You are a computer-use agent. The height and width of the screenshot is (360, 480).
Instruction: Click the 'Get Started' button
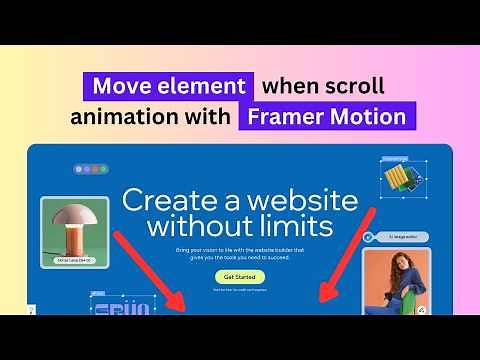[239, 276]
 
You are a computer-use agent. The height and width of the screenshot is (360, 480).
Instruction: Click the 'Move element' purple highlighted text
[166, 86]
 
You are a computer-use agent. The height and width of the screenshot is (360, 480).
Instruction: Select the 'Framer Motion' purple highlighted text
[326, 117]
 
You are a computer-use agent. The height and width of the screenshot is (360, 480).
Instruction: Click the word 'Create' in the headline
[172, 198]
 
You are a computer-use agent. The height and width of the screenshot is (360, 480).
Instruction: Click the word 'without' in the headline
[199, 221]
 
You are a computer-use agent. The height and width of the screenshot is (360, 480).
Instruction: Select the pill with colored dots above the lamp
[91, 169]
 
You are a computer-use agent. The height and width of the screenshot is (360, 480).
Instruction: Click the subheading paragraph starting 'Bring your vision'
[239, 252]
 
